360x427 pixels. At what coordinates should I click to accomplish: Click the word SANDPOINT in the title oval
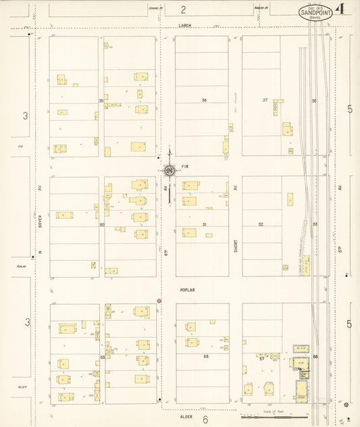coord(314,11)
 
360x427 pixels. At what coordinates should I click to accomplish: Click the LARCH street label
coord(185,26)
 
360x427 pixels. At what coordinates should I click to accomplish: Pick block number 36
coord(203,100)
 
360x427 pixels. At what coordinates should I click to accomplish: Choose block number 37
coord(265,100)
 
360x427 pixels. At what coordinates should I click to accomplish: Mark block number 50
coord(102,224)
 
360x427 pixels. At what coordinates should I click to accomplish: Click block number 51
coord(203,224)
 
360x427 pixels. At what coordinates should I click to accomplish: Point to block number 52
coord(261,224)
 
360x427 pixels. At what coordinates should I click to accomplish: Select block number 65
coord(103,356)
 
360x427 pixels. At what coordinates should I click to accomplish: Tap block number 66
coord(205,356)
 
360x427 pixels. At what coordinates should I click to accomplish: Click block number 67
coord(261,359)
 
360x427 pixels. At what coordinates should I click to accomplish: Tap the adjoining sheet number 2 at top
coord(183,9)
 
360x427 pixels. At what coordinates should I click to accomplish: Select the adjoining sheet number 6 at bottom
coord(204,419)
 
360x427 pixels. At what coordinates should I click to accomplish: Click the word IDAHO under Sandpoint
coord(314,17)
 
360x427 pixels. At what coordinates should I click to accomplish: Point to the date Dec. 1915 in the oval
coord(314,7)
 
